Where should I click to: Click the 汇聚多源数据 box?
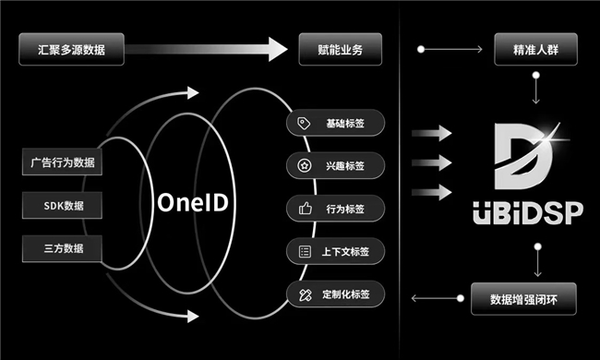[x=72, y=49]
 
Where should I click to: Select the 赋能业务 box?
[x=341, y=49]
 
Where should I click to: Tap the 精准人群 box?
[x=535, y=49]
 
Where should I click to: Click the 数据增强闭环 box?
[x=523, y=299]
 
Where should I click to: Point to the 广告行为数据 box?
[x=62, y=162]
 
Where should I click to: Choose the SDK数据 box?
[x=62, y=206]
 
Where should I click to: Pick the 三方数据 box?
[x=62, y=248]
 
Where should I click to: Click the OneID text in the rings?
[x=193, y=202]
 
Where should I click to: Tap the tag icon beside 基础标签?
[x=304, y=123]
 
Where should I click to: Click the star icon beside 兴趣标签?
[x=305, y=165]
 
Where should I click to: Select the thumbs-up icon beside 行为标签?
[x=305, y=209]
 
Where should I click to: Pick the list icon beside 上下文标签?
[x=305, y=251]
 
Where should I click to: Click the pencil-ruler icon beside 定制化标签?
[x=306, y=294]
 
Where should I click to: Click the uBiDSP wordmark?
[x=528, y=212]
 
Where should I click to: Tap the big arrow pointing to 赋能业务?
[x=207, y=49]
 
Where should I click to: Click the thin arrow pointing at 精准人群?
[x=451, y=49]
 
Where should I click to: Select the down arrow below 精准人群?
[x=536, y=89]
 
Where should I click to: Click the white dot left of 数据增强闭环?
[x=461, y=298]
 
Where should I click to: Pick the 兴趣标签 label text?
[x=345, y=166]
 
